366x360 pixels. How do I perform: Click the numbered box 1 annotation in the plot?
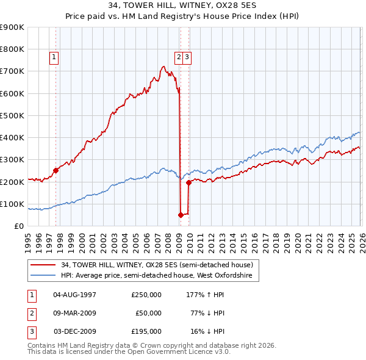[x=54, y=58]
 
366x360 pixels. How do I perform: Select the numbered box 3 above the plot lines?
[x=187, y=58]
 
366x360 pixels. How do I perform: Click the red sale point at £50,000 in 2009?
[x=181, y=215]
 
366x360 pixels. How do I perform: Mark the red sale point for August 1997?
[x=56, y=171]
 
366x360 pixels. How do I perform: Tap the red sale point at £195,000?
[x=188, y=182]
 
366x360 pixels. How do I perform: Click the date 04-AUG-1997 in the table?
[x=75, y=295]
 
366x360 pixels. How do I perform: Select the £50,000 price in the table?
[x=146, y=313]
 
